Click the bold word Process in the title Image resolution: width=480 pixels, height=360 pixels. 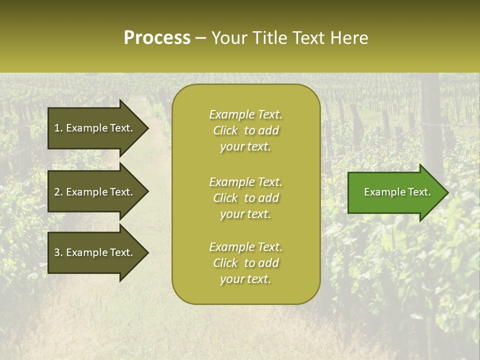click(157, 38)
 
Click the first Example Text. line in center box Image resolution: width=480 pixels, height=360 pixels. click(245, 114)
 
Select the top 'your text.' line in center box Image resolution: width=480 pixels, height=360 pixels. click(245, 147)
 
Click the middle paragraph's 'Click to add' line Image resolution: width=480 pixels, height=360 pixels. click(245, 198)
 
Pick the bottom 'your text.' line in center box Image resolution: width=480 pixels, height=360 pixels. click(245, 279)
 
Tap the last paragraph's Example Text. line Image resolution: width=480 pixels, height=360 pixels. click(245, 247)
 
